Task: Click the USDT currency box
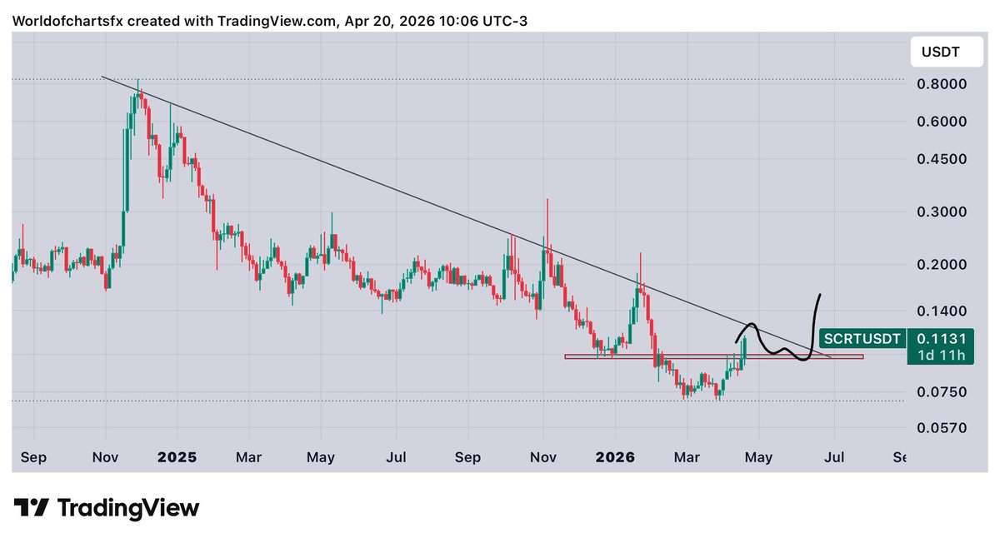tap(940, 52)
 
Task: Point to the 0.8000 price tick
tap(941, 84)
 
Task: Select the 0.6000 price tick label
tap(941, 122)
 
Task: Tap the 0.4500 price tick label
tap(941, 159)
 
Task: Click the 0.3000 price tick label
tap(941, 212)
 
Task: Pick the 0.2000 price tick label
tap(941, 265)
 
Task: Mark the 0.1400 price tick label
tap(941, 311)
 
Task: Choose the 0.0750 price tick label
tap(941, 391)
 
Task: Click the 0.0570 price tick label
tap(941, 427)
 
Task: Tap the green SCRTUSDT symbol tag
tap(862, 339)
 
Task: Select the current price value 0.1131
tap(941, 339)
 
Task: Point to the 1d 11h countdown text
tap(941, 356)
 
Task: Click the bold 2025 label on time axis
tap(177, 457)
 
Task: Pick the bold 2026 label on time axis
tap(615, 457)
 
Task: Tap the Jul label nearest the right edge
tap(834, 457)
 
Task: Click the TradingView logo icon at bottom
tap(32, 507)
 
